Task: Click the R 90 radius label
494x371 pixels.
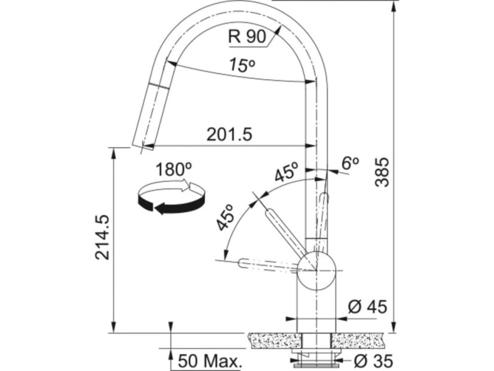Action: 247,37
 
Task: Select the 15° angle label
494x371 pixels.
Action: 242,65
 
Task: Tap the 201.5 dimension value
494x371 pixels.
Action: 230,135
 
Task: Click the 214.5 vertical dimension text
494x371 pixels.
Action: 102,238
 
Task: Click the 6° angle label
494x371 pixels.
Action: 350,163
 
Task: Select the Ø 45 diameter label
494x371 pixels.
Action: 368,307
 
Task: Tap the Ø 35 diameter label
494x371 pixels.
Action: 374,361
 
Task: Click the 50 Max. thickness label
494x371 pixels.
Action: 210,361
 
